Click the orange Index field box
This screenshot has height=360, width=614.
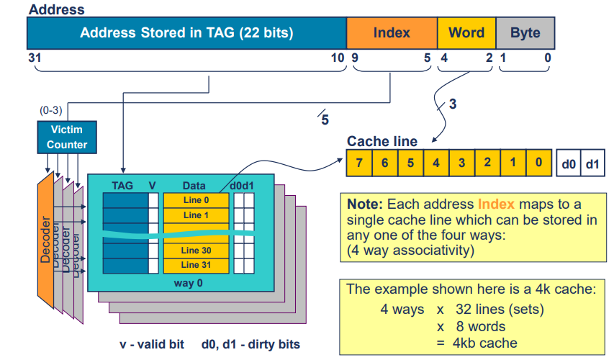[392, 33]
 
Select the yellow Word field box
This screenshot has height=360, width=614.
[466, 33]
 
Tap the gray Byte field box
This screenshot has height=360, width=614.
[525, 33]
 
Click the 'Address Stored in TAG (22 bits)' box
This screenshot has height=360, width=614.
[186, 33]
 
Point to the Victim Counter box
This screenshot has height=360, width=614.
[67, 137]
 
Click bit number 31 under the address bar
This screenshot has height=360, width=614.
[33, 57]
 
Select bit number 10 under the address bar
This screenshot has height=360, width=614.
[337, 57]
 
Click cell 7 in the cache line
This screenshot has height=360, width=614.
[359, 163]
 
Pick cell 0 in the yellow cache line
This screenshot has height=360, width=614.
[538, 163]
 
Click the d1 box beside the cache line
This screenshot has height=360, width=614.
[592, 163]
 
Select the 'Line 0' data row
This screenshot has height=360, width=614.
[196, 201]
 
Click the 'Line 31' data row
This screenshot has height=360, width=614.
[196, 264]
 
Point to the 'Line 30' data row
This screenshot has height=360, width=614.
[196, 250]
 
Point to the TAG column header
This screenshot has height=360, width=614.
[122, 186]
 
